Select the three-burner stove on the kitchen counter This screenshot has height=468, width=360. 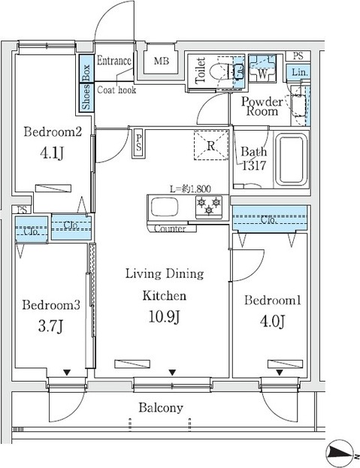click(209, 207)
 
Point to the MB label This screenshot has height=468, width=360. click(162, 61)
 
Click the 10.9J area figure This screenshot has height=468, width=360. click(164, 317)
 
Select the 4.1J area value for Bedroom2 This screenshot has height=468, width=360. click(52, 153)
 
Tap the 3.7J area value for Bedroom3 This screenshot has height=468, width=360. click(51, 326)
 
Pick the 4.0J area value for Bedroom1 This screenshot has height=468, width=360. click(272, 322)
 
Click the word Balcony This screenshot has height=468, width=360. click(161, 408)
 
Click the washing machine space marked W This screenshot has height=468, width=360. click(262, 68)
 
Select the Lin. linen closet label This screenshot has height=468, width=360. click(298, 72)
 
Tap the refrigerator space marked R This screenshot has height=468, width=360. click(211, 145)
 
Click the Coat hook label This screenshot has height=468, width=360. click(116, 90)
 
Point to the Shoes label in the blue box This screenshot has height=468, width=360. click(86, 97)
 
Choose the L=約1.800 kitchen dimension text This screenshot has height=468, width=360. click(190, 189)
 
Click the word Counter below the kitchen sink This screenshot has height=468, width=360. click(170, 228)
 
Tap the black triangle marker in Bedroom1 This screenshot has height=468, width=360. click(280, 373)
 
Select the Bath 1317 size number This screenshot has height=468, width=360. click(254, 165)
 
